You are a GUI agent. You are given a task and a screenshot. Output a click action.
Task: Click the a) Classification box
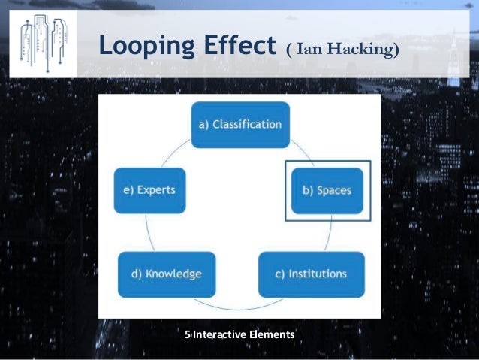(239, 124)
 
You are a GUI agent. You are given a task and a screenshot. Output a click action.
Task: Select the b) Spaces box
(327, 190)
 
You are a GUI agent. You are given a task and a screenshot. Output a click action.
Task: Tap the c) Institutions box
(312, 274)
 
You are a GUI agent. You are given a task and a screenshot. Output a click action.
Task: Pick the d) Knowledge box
(167, 274)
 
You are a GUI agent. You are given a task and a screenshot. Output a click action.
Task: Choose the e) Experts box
(149, 190)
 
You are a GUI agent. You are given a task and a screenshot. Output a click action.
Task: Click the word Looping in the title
(142, 46)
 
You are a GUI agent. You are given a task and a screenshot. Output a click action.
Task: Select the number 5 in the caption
(188, 334)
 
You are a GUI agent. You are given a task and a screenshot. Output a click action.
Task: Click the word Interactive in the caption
(221, 334)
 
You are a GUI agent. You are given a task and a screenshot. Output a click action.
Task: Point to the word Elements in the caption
(273, 334)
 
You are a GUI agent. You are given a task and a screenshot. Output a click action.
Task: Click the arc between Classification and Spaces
(301, 150)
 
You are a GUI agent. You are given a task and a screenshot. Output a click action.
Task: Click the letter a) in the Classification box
(203, 124)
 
